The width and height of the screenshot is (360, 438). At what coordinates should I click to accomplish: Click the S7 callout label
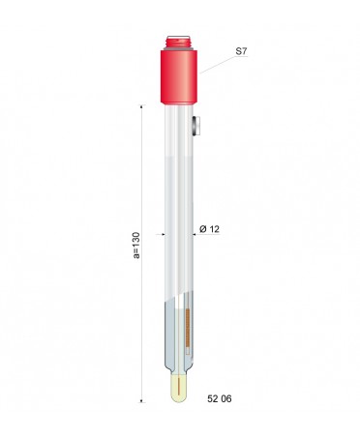(241, 51)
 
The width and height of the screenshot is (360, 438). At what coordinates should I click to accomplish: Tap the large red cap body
(179, 76)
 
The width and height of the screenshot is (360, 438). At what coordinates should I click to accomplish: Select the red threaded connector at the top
(179, 42)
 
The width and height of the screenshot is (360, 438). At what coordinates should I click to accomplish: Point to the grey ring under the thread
(179, 48)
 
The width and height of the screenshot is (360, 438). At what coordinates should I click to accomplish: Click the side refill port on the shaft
(196, 126)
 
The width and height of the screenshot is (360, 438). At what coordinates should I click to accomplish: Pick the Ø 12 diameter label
(209, 229)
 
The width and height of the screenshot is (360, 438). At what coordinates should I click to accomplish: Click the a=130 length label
(136, 245)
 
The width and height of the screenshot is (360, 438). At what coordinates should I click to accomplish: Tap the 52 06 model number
(220, 398)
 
